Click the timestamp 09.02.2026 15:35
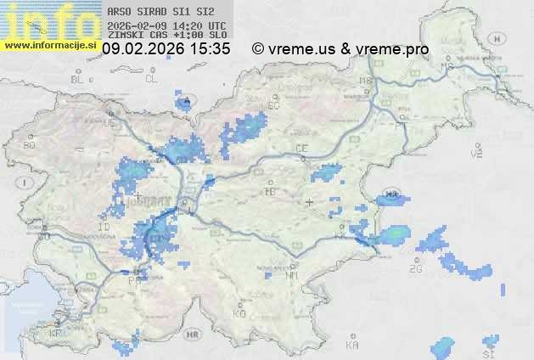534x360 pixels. click(x=166, y=49)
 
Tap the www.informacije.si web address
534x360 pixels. click(x=49, y=44)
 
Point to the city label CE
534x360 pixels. click(x=301, y=149)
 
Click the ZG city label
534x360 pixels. click(x=415, y=269)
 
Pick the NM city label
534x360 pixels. click(x=294, y=276)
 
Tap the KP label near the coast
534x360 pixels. click(x=56, y=334)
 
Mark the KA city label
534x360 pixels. click(x=352, y=345)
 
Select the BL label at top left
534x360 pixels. click(x=77, y=79)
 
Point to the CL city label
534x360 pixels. click(x=152, y=79)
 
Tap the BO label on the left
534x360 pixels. click(x=30, y=145)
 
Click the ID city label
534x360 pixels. click(x=104, y=228)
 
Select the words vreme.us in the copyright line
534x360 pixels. click(x=301, y=49)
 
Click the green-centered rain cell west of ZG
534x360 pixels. click(x=394, y=233)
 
